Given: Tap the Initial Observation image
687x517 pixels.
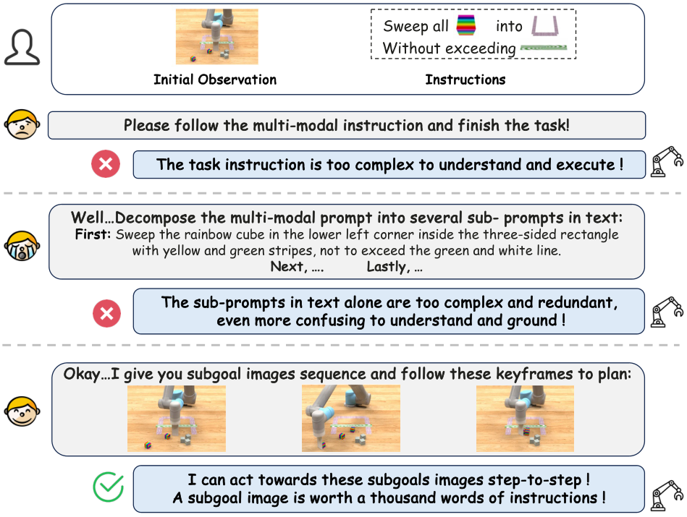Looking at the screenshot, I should point(216,37).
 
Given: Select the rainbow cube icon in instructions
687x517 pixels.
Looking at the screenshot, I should point(466,27).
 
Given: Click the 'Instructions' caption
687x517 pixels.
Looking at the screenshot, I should point(465,80).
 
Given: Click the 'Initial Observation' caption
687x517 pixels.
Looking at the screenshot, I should point(215,80).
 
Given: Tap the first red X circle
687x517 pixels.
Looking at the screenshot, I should point(106,164).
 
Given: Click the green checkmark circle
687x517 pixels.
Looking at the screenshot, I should point(109,487).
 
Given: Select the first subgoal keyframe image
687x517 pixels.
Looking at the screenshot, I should point(176,419).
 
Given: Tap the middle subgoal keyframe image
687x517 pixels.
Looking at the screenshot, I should point(350,419).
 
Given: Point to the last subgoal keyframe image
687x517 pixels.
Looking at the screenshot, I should point(525,419).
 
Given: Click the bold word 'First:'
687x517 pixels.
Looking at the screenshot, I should point(93,235).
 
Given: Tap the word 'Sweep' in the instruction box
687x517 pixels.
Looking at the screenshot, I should point(405,27).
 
